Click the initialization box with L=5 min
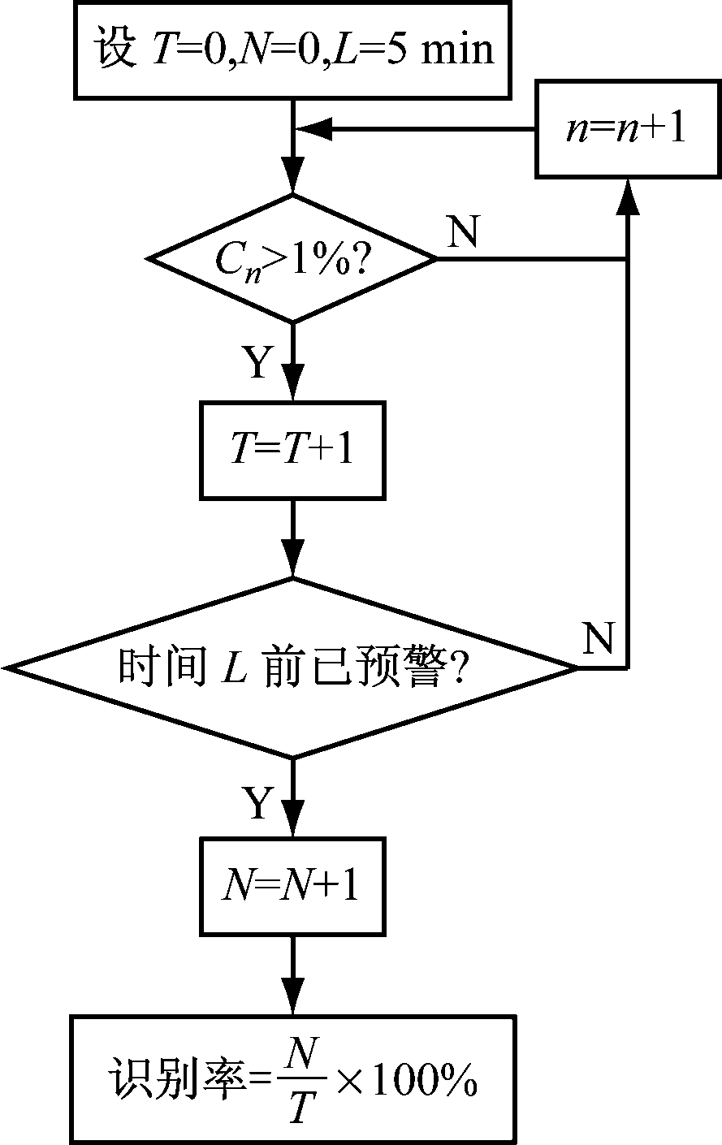coord(294,50)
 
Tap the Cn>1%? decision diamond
coord(292,259)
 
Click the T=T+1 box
coord(292,452)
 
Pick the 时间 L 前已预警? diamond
coord(292,668)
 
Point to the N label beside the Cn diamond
coord(463,234)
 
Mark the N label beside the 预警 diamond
coord(599,640)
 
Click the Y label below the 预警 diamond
coord(256,804)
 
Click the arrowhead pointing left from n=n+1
coord(313,128)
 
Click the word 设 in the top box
coord(114,50)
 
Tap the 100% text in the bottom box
coord(424,1082)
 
